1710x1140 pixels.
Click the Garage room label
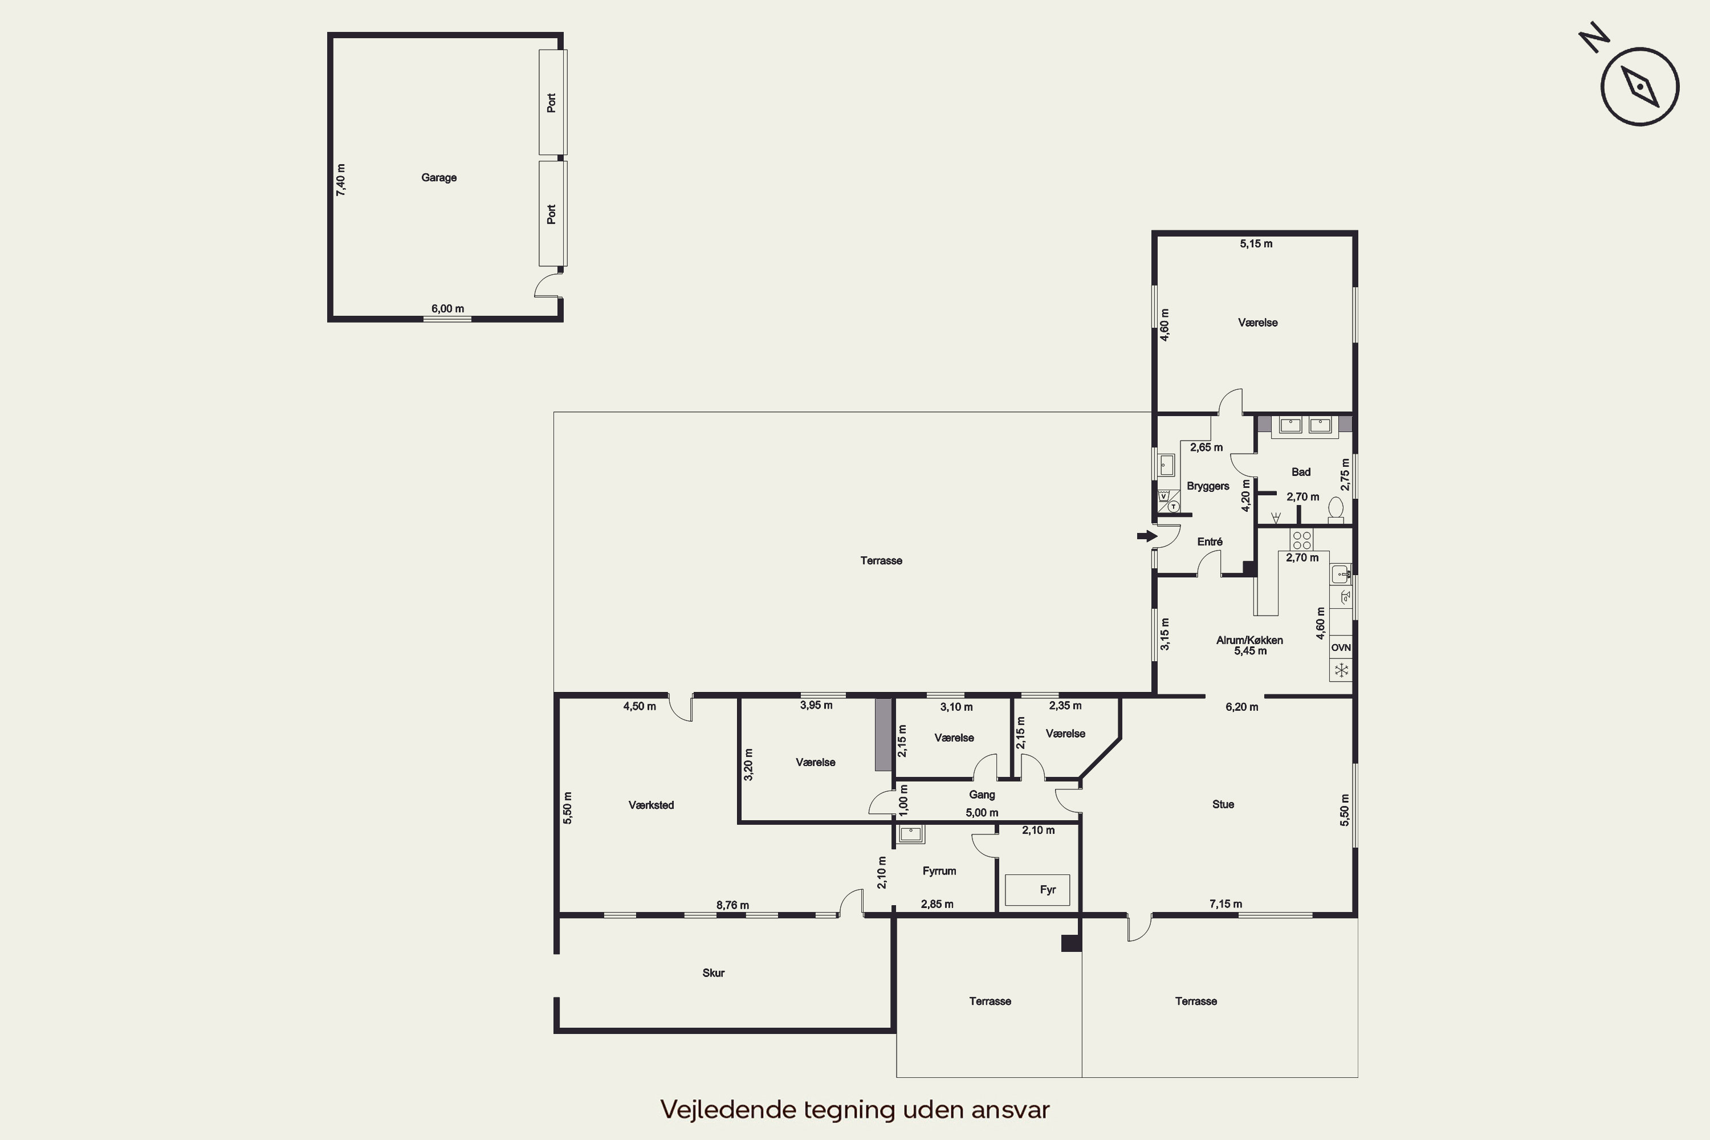click(439, 177)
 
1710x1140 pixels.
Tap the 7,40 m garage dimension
click(341, 180)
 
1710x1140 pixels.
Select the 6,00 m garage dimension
click(448, 308)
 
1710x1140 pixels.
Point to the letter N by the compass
click(1594, 37)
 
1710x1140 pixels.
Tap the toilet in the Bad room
click(1336, 510)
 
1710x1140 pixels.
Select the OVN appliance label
click(1341, 647)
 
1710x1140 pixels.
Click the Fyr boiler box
click(1037, 890)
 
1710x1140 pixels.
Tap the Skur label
click(713, 973)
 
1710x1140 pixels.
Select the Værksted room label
click(652, 805)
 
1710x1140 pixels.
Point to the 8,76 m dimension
click(732, 905)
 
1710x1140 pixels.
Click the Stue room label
click(1223, 804)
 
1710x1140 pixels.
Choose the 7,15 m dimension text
click(1226, 903)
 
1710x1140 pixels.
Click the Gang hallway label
click(982, 795)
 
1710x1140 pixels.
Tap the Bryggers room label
click(1208, 486)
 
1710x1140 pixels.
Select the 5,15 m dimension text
click(1256, 243)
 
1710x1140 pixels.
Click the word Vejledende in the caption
click(728, 1109)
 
